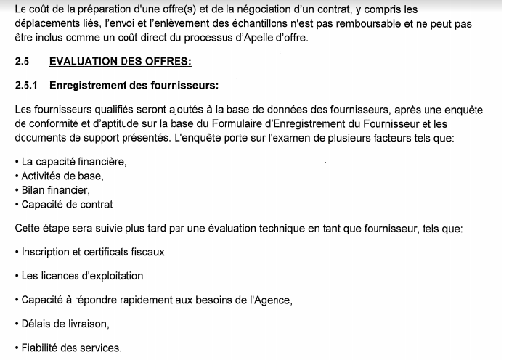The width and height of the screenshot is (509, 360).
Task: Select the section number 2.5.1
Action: click(x=27, y=85)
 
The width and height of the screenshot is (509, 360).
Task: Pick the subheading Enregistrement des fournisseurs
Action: click(x=134, y=85)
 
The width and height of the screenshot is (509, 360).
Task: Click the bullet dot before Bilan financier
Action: click(x=17, y=190)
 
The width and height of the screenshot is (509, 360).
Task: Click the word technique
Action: click(x=277, y=229)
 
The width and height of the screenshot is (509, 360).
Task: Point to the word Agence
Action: click(x=273, y=300)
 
